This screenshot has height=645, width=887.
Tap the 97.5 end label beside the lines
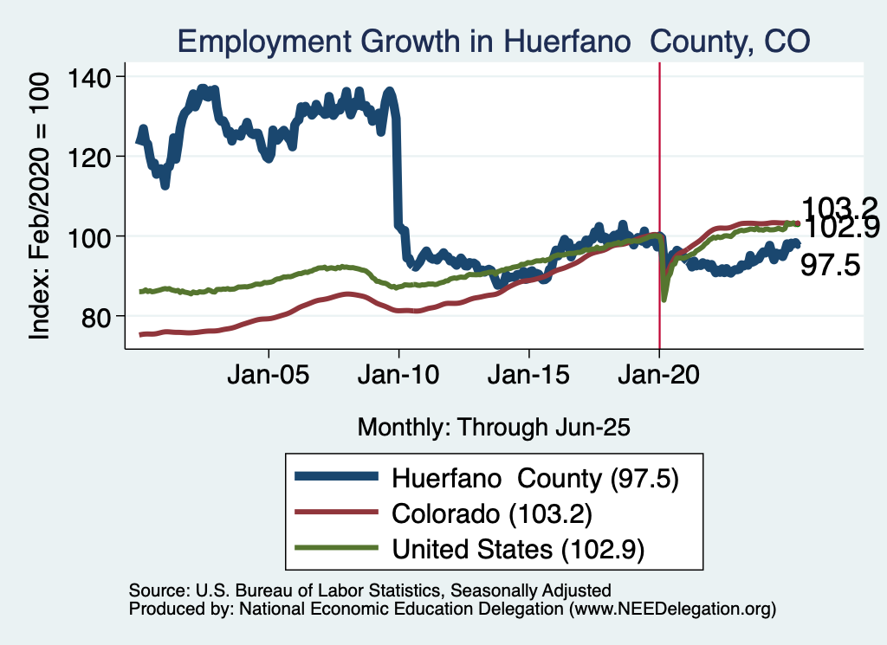click(830, 265)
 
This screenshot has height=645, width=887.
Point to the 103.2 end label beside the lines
click(839, 208)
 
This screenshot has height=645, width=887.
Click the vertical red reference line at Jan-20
click(660, 173)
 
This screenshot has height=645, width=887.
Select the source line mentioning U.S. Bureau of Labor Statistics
click(370, 590)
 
